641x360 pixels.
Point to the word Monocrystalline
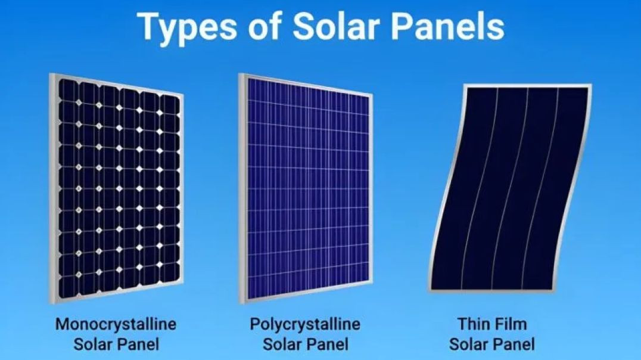(116, 324)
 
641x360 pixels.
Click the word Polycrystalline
(305, 324)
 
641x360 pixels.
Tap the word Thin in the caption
(473, 324)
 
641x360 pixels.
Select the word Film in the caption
(512, 324)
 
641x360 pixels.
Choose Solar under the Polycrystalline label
(284, 344)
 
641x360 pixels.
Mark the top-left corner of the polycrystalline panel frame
(239, 74)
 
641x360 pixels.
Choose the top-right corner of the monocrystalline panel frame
(182, 95)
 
